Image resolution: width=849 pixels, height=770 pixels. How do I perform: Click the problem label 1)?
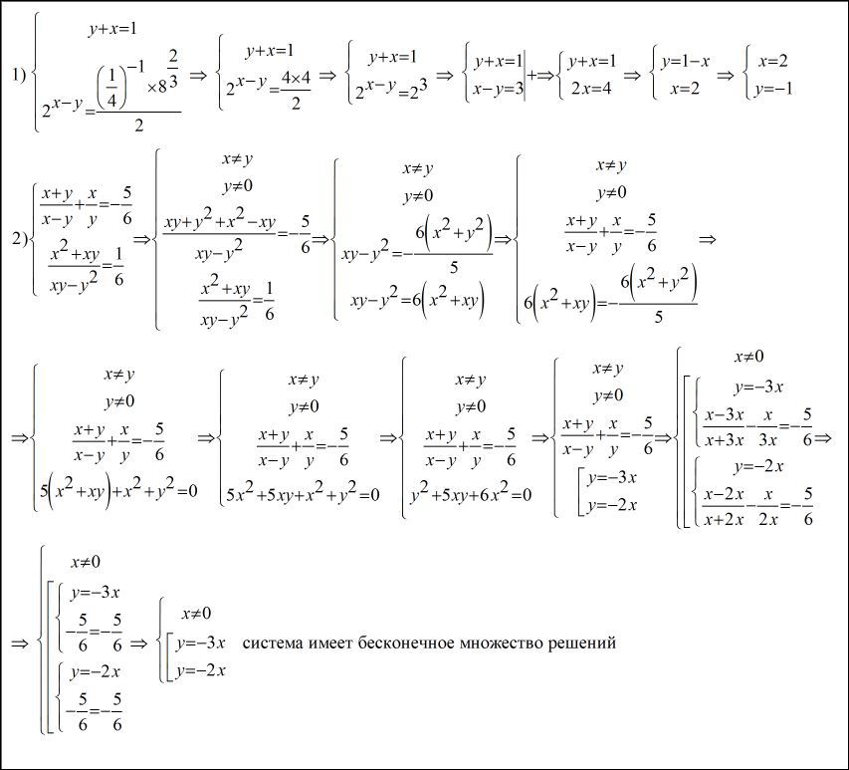(19, 76)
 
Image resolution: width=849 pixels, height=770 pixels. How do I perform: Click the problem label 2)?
(20, 238)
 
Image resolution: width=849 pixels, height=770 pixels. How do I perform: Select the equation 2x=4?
(591, 88)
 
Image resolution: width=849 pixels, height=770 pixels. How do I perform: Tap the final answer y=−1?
(773, 89)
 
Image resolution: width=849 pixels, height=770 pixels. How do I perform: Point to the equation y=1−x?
(685, 61)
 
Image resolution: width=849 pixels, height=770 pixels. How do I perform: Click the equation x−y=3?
(497, 89)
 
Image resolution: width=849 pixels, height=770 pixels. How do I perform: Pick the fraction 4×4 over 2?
(296, 91)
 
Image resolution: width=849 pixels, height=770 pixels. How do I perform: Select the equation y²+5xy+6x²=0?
(471, 494)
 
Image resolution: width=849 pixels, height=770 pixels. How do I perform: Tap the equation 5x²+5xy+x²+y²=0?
(304, 494)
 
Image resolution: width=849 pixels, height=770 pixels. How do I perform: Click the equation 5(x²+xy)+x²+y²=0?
(118, 491)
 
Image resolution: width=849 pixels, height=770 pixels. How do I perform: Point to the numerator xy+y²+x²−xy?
(219, 221)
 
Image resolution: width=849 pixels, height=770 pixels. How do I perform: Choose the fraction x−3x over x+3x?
(725, 427)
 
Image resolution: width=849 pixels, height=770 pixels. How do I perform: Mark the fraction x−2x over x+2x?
(725, 507)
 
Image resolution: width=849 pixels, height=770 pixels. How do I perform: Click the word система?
(274, 643)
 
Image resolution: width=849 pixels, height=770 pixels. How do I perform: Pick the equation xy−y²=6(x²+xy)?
(417, 300)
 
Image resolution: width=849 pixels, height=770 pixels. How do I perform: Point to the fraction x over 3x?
(767, 427)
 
